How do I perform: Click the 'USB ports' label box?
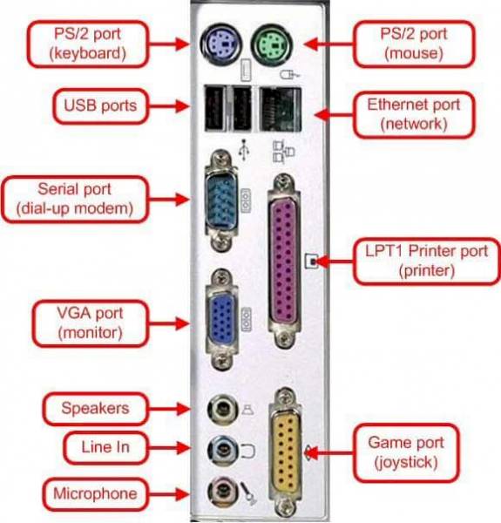click(98, 105)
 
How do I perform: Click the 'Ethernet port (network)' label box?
click(414, 114)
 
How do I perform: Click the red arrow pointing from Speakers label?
click(175, 408)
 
